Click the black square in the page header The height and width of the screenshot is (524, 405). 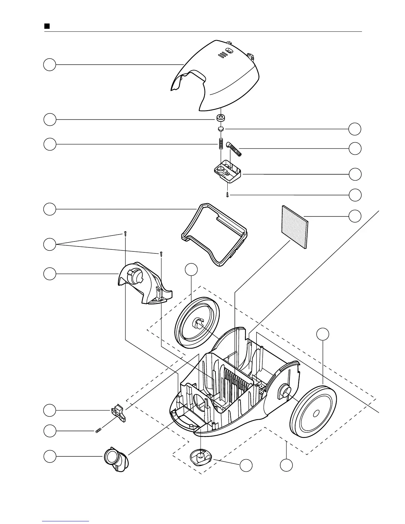pyautogui.click(x=47, y=26)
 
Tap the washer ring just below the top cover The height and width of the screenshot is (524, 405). pyautogui.click(x=220, y=118)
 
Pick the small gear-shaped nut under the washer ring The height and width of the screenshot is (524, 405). pyautogui.click(x=221, y=128)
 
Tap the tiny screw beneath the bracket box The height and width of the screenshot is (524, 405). pyautogui.click(x=227, y=195)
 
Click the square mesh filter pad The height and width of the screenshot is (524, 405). pyautogui.click(x=295, y=227)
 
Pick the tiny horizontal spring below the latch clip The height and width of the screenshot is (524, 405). pyautogui.click(x=98, y=430)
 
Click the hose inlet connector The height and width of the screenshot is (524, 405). pyautogui.click(x=116, y=458)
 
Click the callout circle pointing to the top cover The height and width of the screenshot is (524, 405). pyautogui.click(x=50, y=65)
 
